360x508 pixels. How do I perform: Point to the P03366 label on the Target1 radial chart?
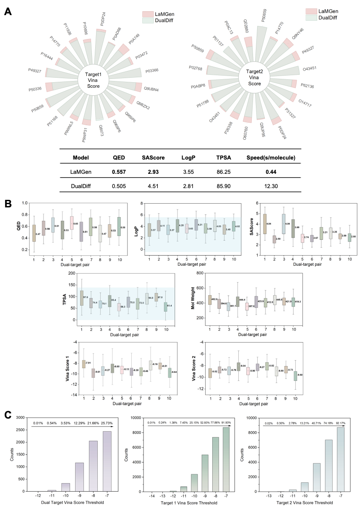151,71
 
